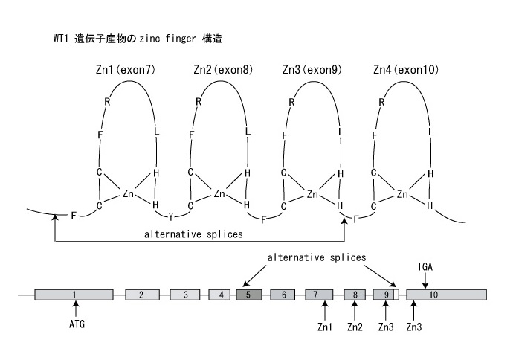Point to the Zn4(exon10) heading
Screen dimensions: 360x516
(x=405, y=70)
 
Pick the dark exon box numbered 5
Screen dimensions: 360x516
(x=248, y=295)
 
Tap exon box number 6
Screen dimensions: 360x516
(x=283, y=295)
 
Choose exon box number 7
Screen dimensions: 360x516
(x=318, y=295)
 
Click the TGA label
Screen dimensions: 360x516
(x=425, y=265)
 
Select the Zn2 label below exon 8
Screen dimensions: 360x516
(x=356, y=325)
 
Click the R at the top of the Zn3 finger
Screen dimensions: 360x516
(x=293, y=103)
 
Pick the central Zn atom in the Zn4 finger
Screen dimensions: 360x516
(x=402, y=194)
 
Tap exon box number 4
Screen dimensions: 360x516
(x=221, y=295)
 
